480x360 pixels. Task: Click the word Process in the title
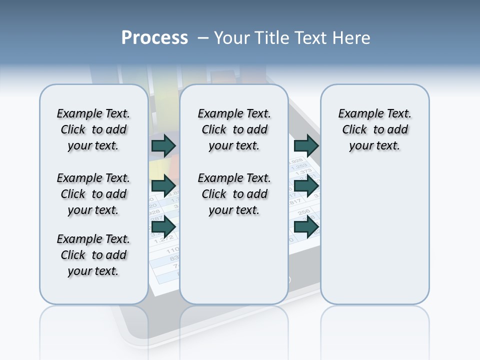tap(154, 38)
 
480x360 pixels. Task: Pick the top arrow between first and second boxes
tap(163, 145)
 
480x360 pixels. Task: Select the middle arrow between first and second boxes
tap(163, 186)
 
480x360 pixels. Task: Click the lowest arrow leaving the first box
tap(163, 227)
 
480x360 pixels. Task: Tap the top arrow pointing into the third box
tap(306, 145)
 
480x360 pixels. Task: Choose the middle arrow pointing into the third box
tap(306, 186)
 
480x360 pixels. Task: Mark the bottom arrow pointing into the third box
tap(306, 227)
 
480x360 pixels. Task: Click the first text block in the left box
tap(93, 129)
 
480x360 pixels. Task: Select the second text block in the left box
tap(93, 194)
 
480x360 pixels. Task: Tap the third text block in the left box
tap(93, 255)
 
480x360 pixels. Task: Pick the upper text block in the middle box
tap(234, 129)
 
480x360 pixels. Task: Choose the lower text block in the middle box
tap(234, 194)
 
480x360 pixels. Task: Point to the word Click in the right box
tap(354, 130)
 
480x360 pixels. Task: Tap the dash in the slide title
tap(202, 38)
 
